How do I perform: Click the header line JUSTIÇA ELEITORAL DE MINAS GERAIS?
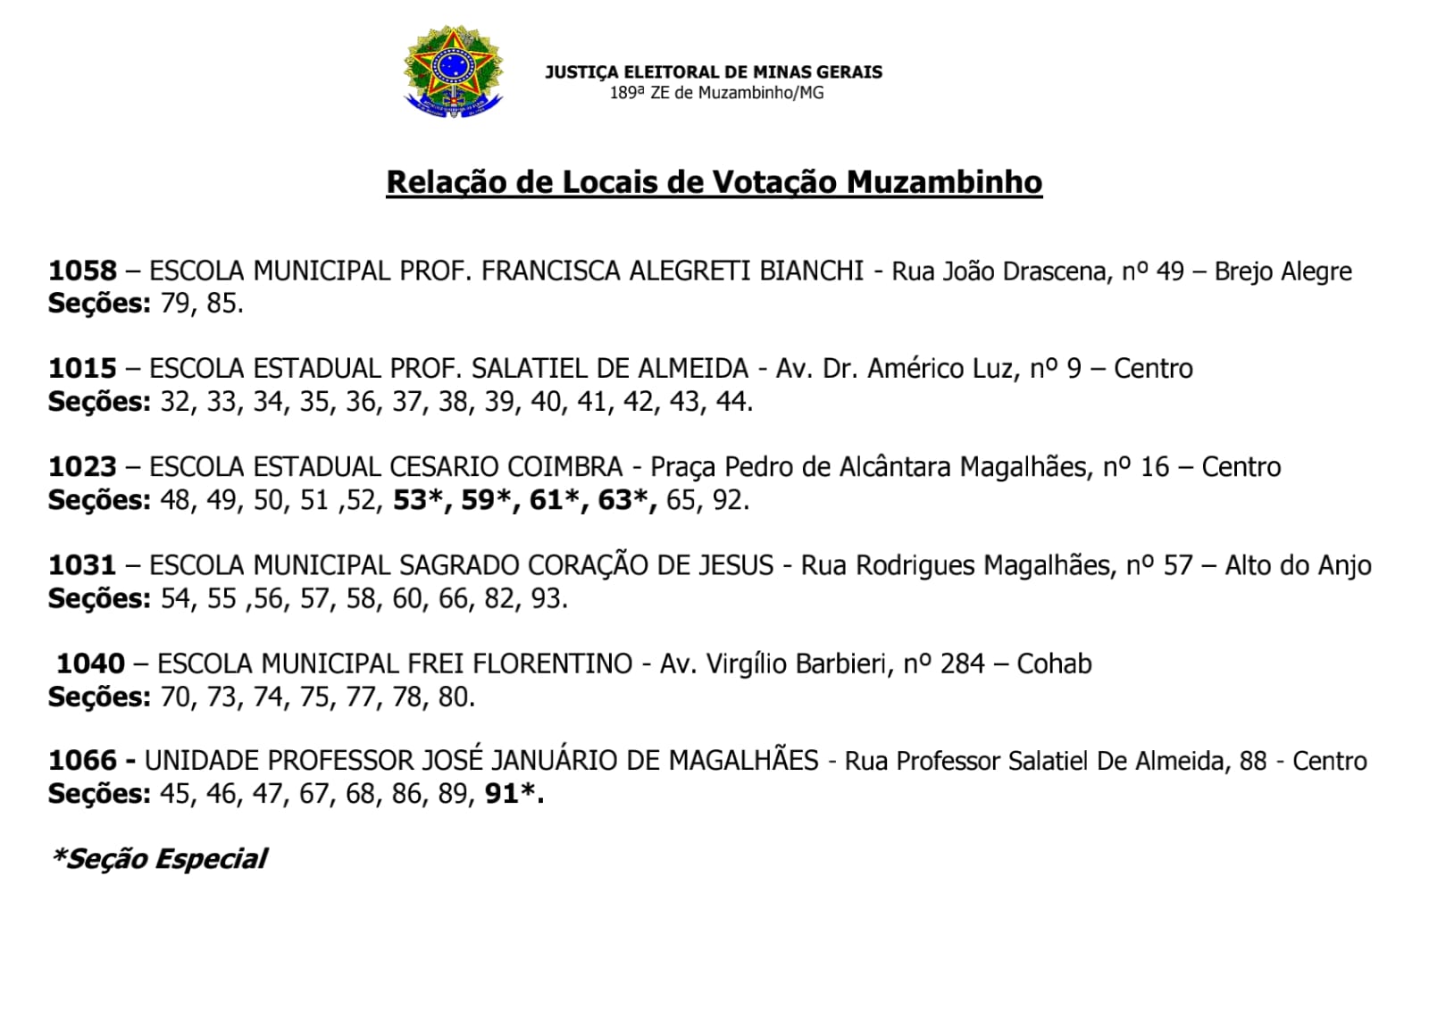click(713, 72)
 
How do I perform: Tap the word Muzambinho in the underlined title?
click(944, 182)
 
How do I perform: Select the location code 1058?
click(82, 271)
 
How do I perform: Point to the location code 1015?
click(82, 369)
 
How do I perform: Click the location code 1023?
click(82, 467)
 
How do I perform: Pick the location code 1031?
click(82, 565)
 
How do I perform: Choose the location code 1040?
click(90, 664)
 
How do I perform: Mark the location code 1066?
click(82, 761)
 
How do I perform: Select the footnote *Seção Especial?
click(159, 859)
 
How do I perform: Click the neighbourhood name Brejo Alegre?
click(1283, 271)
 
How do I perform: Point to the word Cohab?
click(1054, 664)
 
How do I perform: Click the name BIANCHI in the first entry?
click(811, 271)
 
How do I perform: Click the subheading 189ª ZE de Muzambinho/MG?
click(716, 93)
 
